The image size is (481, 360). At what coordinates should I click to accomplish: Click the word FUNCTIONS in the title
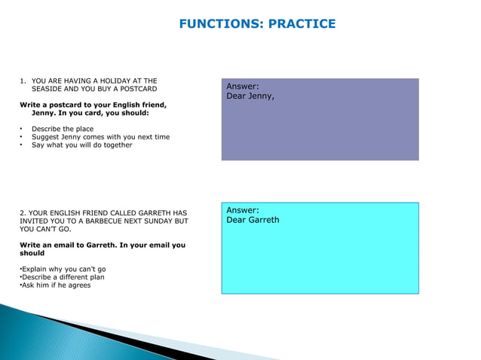coord(218,24)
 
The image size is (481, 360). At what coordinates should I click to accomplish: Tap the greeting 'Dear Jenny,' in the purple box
coord(250,96)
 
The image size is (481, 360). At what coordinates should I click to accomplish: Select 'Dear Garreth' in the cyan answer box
coord(253,220)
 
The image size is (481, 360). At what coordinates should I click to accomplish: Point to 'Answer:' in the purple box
coord(243,87)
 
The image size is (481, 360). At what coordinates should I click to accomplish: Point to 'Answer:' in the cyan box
coord(243,210)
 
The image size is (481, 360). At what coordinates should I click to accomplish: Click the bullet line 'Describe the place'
coord(63,129)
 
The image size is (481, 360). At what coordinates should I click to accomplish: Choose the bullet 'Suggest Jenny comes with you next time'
coord(100,137)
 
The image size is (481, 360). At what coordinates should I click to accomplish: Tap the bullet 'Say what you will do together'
coord(81,145)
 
